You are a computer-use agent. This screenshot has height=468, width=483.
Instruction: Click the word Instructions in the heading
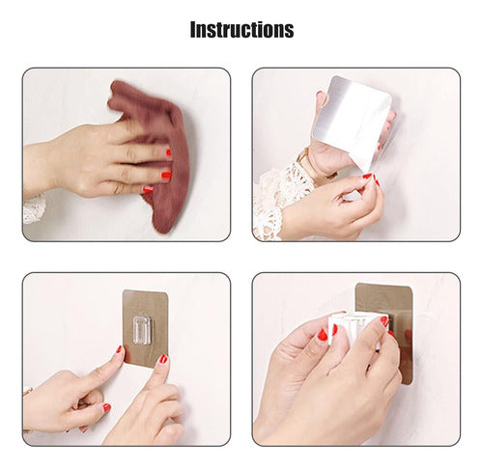[x=241, y=30]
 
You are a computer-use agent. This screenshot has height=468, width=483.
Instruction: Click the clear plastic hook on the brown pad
[x=142, y=330]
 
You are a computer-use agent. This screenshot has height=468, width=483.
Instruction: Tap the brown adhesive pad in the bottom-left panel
[x=146, y=328]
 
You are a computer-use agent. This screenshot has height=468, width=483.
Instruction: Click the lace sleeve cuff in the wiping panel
[x=34, y=209]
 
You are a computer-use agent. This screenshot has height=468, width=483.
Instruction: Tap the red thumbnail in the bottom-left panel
[x=106, y=408]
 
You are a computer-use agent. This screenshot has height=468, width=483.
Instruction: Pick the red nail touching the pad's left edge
[x=120, y=349]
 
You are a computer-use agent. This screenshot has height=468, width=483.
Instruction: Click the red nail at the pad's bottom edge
[x=163, y=359]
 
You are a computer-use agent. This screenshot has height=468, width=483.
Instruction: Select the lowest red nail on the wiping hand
[x=148, y=189]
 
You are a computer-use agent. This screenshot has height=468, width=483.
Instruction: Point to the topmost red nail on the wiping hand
[x=168, y=153]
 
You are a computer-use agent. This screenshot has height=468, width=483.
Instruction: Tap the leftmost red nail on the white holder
[x=323, y=335]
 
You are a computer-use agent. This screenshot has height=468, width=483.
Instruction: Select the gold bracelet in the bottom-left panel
[x=27, y=391]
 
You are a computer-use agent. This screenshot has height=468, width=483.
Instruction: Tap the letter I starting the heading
[x=192, y=30]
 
